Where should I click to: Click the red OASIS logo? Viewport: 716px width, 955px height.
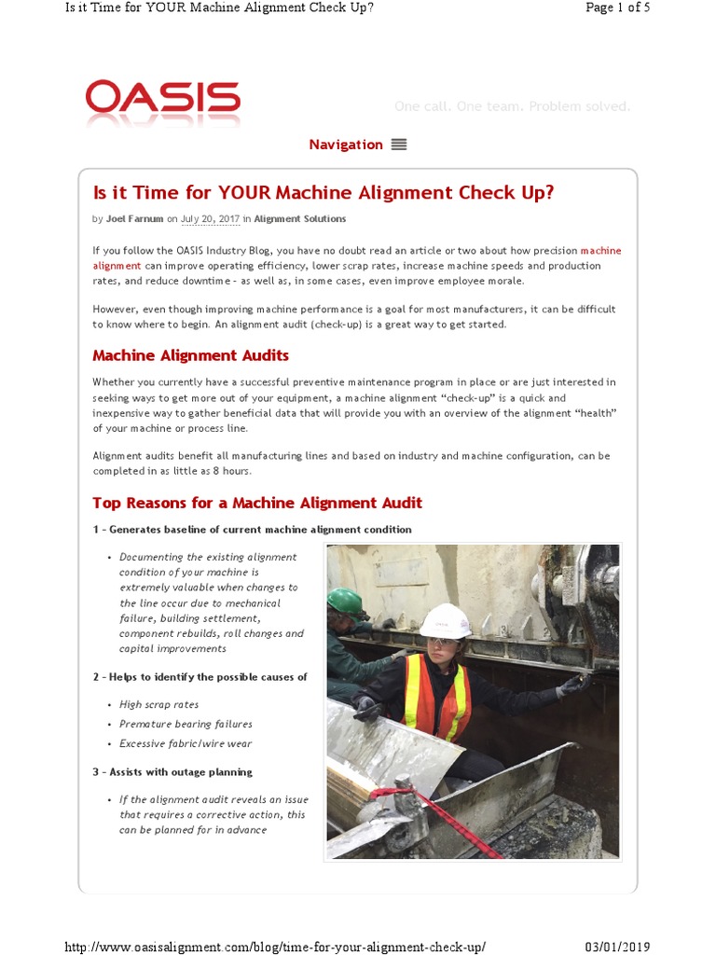[162, 98]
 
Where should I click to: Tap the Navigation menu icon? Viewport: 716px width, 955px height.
[399, 145]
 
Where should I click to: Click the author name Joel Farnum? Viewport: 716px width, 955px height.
[134, 219]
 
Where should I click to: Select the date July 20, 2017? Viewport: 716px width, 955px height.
[210, 219]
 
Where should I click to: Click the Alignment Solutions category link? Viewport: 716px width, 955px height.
[299, 219]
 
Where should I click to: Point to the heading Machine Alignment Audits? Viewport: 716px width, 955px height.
[190, 355]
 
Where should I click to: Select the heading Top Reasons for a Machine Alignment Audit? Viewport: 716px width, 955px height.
[256, 503]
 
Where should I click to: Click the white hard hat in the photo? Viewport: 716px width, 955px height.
[445, 619]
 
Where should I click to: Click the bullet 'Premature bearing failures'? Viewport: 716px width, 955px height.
[186, 724]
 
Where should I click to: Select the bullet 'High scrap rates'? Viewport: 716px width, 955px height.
[158, 704]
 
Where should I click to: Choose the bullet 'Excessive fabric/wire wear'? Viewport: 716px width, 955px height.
[186, 743]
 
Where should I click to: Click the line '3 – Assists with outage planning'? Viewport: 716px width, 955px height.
[172, 772]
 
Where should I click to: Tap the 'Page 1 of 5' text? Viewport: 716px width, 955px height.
[617, 8]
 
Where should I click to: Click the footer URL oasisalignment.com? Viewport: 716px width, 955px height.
[274, 947]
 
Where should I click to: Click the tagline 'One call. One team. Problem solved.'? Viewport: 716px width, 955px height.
[512, 106]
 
